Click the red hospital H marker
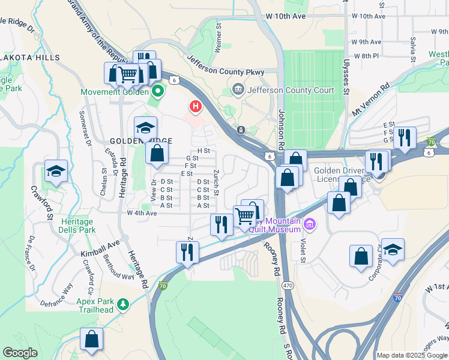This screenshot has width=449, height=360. tap(195, 107)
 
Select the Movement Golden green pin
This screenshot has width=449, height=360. tap(158, 92)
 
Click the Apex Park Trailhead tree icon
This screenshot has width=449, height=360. tap(123, 304)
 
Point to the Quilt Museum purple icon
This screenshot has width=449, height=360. tap(310, 225)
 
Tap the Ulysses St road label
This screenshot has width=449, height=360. tap(346, 82)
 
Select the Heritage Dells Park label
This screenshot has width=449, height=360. tap(77, 226)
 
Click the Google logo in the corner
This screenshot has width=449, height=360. tap(20, 353)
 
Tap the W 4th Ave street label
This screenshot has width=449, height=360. tap(142, 213)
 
